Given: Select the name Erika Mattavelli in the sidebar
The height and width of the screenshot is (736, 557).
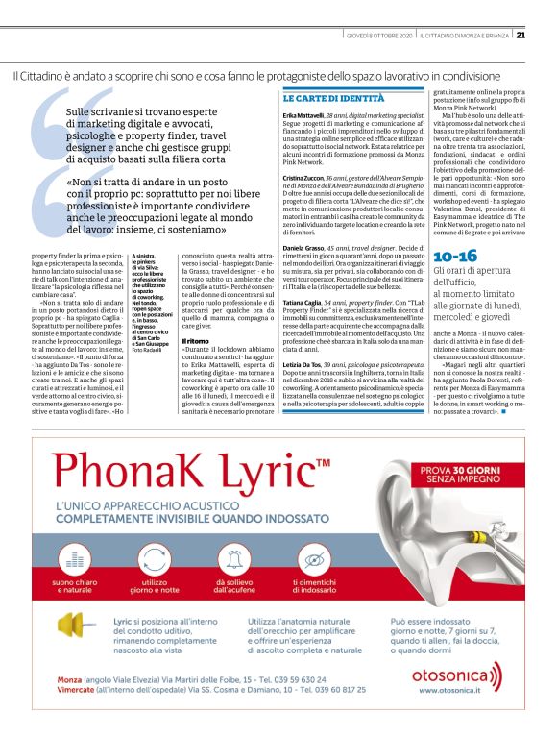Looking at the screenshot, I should coord(303,113).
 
